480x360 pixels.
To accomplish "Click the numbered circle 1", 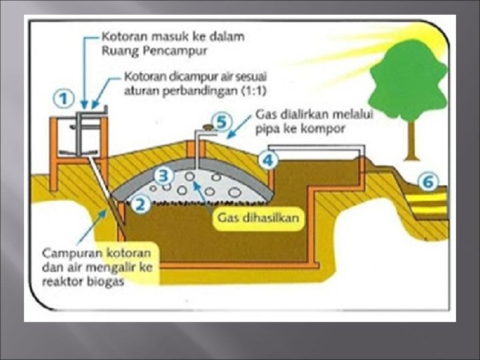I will click(63, 99).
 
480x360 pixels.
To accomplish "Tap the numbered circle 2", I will click(139, 204).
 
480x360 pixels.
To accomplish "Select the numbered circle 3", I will click(163, 175).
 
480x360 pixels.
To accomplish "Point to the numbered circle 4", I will click(268, 159).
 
